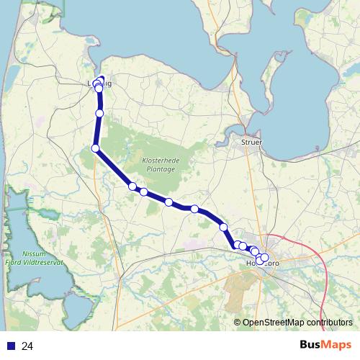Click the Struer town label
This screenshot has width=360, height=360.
tap(252, 143)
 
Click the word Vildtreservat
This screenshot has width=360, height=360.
tap(45, 263)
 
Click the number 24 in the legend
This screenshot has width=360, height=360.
tap(27, 346)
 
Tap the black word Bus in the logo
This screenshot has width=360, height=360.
tap(312, 345)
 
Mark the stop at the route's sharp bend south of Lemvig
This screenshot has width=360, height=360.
tap(95, 148)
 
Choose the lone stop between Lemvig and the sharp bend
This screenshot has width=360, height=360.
tap(99, 113)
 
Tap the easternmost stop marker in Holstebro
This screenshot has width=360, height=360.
tap(264, 257)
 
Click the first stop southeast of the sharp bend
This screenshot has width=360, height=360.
tap(132, 186)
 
